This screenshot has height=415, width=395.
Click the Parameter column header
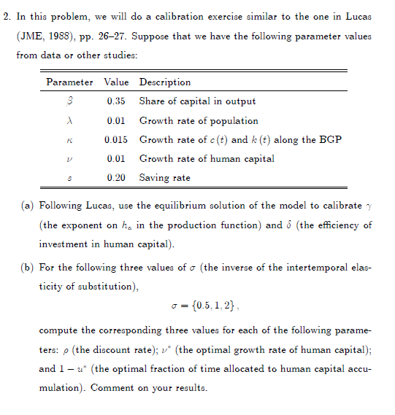(x=69, y=82)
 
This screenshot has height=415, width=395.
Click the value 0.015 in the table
(x=117, y=139)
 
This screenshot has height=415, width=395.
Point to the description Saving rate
(x=165, y=177)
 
